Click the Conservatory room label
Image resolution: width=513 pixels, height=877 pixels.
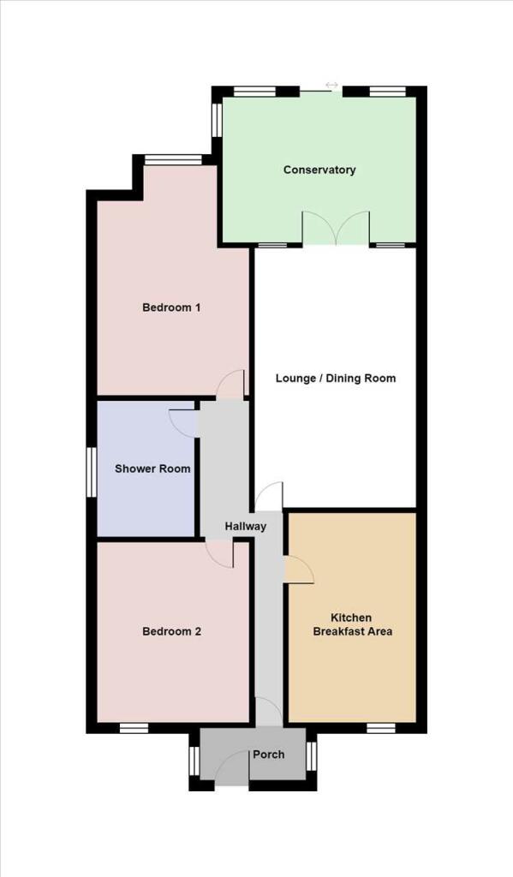click(319, 170)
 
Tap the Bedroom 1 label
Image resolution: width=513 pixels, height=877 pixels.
click(171, 307)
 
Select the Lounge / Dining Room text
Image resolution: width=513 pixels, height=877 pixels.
click(336, 378)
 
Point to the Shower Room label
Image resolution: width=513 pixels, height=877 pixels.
click(152, 468)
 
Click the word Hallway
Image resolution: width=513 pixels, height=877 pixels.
click(246, 527)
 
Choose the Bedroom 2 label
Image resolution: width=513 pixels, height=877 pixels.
click(171, 631)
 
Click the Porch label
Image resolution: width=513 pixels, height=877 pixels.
click(269, 755)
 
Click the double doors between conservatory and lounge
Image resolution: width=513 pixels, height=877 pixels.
click(336, 228)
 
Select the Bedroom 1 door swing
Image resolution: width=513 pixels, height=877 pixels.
click(230, 385)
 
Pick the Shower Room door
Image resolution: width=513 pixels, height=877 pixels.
click(183, 423)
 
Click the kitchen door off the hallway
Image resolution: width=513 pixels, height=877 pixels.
click(299, 570)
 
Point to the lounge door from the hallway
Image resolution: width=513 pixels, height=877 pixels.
click(269, 496)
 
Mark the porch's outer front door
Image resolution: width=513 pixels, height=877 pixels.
click(232, 768)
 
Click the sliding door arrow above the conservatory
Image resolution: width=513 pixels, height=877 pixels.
click(331, 85)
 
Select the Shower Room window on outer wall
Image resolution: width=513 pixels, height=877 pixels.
click(92, 472)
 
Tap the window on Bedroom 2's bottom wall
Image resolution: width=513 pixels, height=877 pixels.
click(134, 728)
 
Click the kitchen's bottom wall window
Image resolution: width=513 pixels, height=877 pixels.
click(381, 728)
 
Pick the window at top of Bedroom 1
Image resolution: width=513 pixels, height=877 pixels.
click(173, 159)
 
